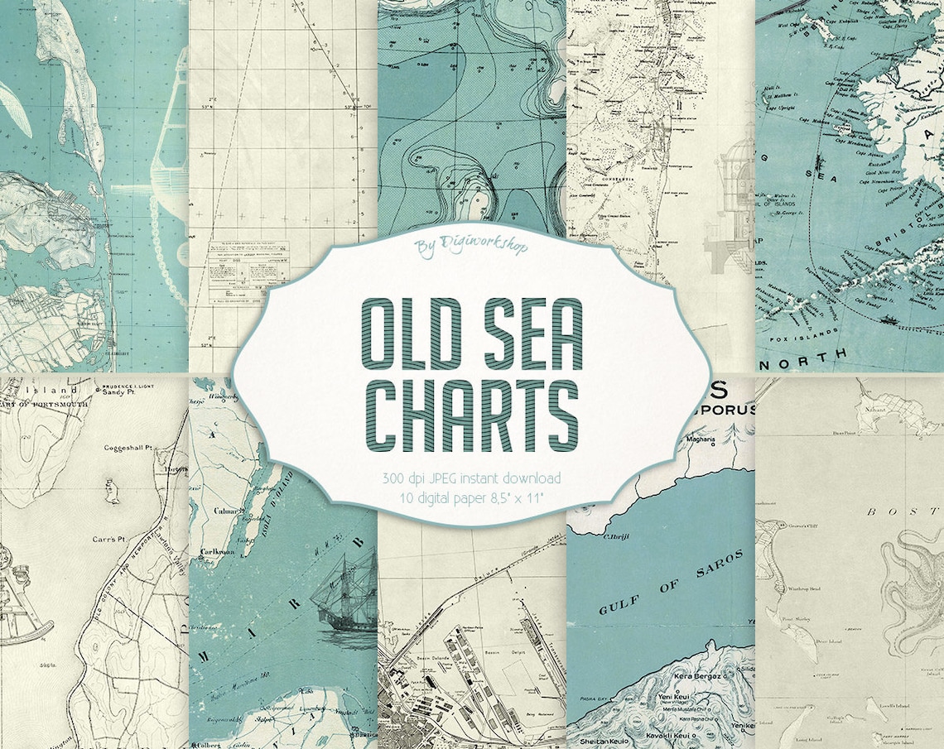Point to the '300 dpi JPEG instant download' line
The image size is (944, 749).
point(472,478)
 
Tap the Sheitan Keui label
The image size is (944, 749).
point(602,742)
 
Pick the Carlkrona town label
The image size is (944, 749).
point(217,550)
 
